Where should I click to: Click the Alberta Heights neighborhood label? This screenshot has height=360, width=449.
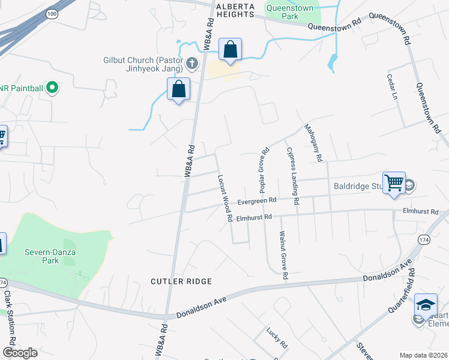pos(235,7)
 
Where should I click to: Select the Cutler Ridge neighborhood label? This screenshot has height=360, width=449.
pos(181,281)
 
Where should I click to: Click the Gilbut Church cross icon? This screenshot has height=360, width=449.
pos(192,63)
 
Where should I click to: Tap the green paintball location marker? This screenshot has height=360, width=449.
pos(52,88)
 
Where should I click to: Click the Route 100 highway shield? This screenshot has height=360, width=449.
pos(52,13)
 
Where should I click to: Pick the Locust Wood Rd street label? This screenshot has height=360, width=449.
pos(225,199)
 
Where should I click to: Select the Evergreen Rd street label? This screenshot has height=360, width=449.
pos(257,201)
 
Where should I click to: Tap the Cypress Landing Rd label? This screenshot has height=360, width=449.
pos(292,176)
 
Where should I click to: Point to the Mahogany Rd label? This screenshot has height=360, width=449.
pos(314,143)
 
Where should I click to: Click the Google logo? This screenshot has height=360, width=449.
pos(20,353)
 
